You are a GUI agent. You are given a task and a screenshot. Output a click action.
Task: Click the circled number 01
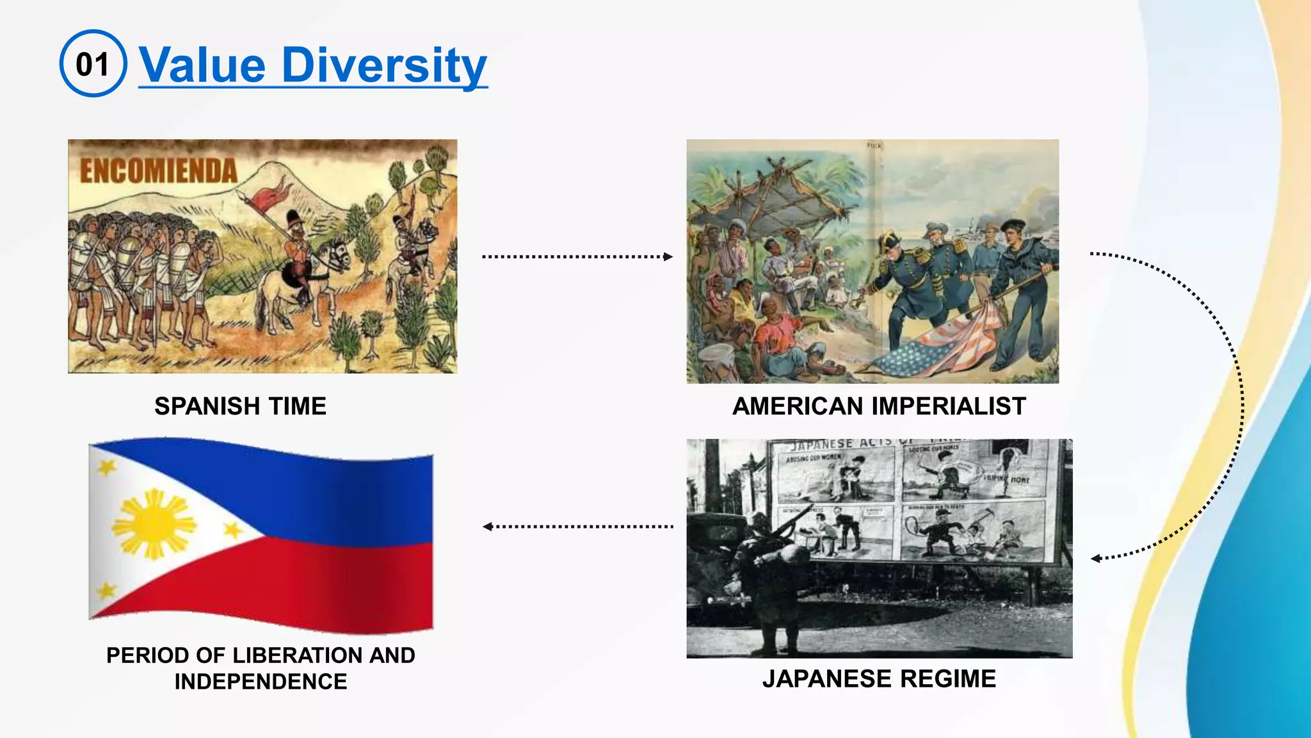tap(93, 64)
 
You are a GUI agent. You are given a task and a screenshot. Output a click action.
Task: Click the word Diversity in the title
tap(384, 65)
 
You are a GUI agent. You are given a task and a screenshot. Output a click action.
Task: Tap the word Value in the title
tap(202, 65)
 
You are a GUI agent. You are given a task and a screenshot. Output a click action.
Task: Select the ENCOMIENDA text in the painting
tap(158, 171)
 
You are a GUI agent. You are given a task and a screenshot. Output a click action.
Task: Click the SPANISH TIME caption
tap(241, 406)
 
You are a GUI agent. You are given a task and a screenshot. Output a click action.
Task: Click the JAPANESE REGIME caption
tap(879, 678)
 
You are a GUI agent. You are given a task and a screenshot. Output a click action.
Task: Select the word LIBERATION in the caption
tap(291, 655)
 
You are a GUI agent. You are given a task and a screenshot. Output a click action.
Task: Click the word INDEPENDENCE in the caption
tap(261, 682)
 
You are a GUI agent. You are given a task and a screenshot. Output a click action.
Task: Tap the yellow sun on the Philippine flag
tap(154, 524)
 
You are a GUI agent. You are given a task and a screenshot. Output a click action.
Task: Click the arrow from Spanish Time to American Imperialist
tap(576, 257)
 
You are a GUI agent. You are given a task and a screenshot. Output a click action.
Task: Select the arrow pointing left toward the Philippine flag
tap(576, 527)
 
